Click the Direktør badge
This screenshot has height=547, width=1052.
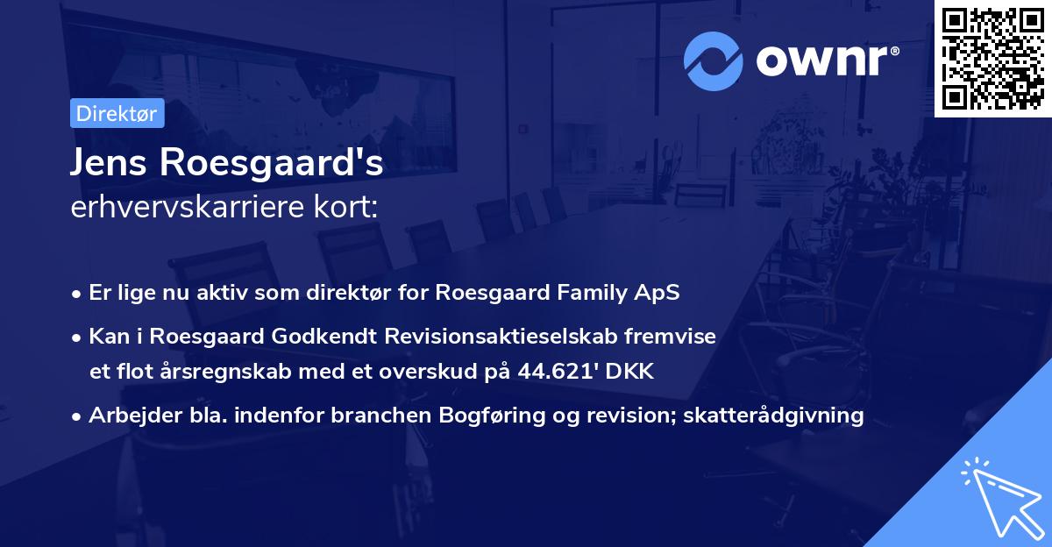pos(117,113)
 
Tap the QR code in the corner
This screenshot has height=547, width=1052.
pos(992,58)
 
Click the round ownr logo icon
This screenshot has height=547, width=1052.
pos(714,60)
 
